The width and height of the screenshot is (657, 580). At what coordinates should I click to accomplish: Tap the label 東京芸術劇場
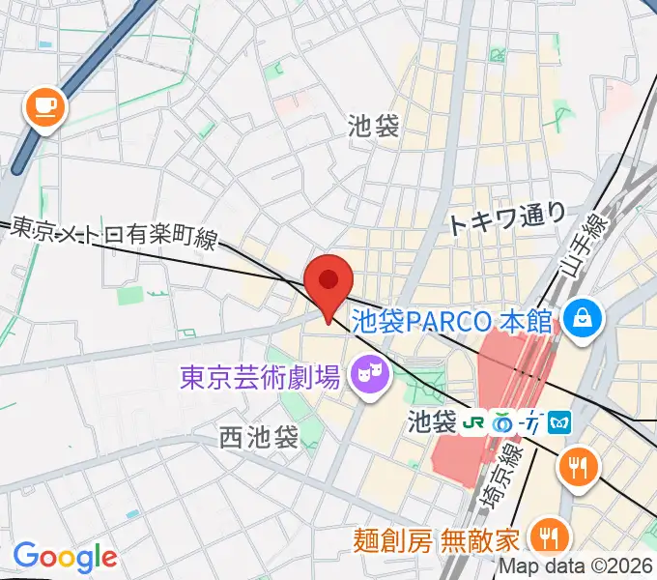(259, 375)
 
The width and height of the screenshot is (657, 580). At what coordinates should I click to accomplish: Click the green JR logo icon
(475, 422)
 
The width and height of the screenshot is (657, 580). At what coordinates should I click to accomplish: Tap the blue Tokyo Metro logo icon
(562, 422)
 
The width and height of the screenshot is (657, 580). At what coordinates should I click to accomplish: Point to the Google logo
(64, 557)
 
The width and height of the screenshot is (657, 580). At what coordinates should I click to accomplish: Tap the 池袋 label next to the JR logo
(431, 422)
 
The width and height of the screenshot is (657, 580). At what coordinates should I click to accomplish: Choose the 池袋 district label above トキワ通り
(374, 126)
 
